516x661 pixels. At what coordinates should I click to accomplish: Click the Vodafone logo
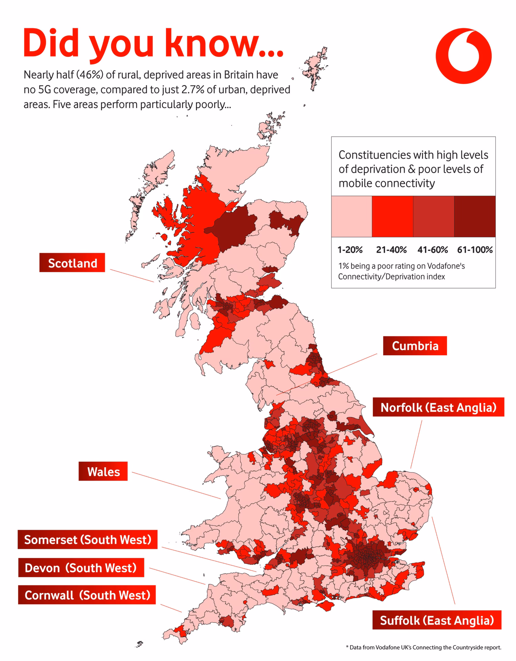pos(463,56)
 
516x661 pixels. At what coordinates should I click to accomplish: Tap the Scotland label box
pos(72,263)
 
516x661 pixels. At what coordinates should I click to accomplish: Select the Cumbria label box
pos(415,346)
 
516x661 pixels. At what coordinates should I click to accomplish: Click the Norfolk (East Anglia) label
pos(438,407)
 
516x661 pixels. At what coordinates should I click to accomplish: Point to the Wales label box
pos(103,471)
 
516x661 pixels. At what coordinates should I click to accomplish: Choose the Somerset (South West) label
pos(87,539)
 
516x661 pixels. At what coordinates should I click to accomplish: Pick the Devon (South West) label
pos(81,568)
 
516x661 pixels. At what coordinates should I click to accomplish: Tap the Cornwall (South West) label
pos(87,595)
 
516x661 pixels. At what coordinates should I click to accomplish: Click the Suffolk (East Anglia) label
pos(436,620)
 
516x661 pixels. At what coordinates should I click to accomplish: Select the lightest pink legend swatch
pos(351,216)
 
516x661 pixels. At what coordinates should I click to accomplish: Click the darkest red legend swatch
pos(475,216)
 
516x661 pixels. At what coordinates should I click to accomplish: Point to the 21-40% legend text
pos(391,250)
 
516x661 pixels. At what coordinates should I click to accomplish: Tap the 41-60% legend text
pos(433,250)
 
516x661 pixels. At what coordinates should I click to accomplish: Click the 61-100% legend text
pos(475,250)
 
